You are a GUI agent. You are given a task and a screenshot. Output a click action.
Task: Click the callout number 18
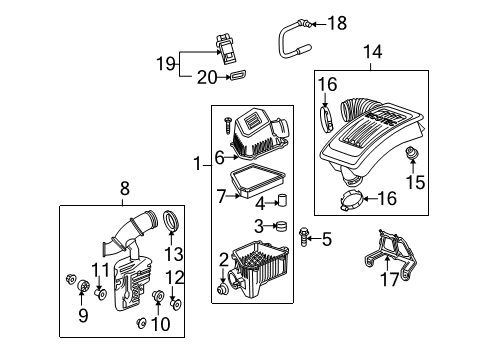click(x=311, y=22)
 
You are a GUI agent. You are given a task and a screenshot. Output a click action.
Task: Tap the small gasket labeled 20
click(x=239, y=75)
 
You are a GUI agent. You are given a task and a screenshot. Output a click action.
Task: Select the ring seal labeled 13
click(x=171, y=220)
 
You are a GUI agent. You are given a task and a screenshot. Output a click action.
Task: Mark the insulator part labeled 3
click(x=281, y=225)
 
